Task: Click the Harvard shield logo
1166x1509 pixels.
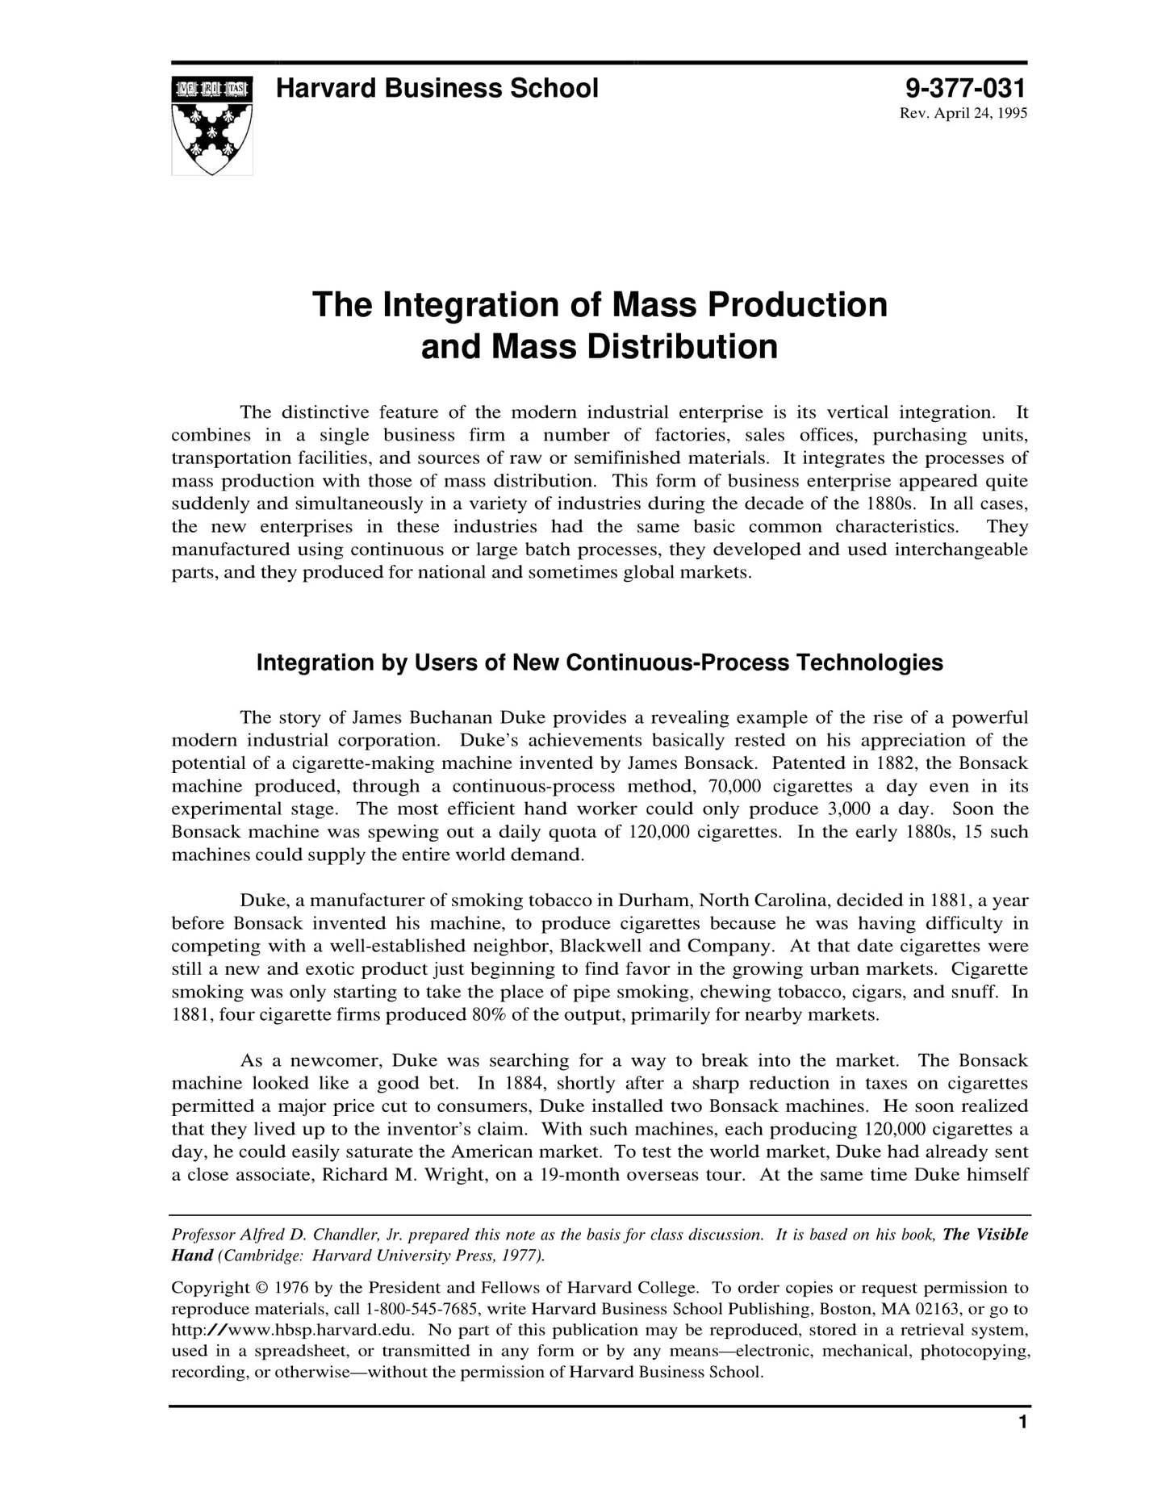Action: click(211, 125)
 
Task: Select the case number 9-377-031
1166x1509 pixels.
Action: click(966, 88)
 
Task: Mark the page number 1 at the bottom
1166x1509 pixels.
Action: click(1022, 1445)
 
